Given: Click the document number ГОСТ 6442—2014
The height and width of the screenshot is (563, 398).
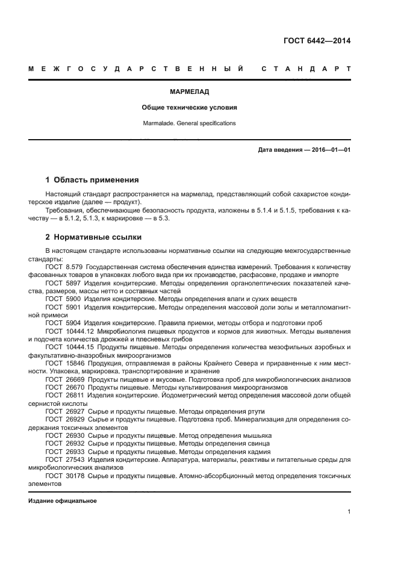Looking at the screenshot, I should click(x=317, y=42).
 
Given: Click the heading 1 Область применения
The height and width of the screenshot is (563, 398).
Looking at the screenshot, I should click(x=93, y=179).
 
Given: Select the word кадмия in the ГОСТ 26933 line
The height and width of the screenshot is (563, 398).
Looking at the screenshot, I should click(x=258, y=452).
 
